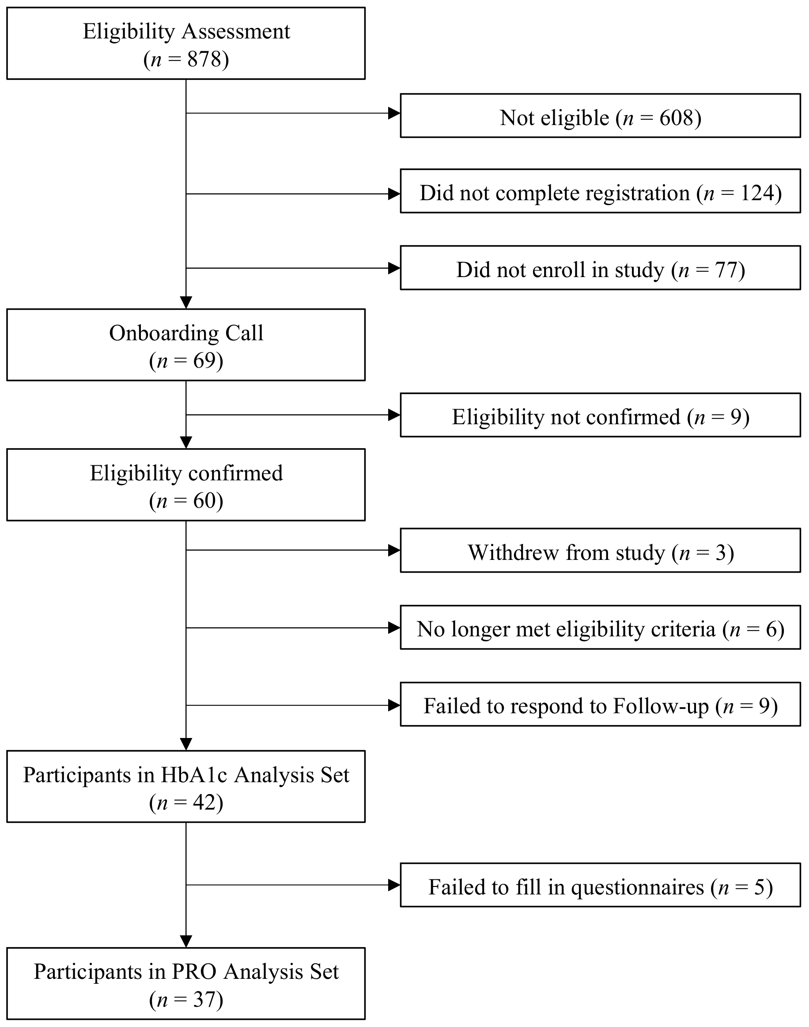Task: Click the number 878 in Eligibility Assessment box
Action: click(x=204, y=60)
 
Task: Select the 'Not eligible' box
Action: click(x=600, y=116)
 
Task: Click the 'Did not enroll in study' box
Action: click(x=600, y=268)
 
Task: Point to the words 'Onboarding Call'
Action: click(x=186, y=333)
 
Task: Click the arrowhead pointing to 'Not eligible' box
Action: click(x=394, y=113)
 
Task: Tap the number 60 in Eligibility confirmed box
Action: click(x=204, y=501)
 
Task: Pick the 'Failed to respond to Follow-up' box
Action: click(x=600, y=705)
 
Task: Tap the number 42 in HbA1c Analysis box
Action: click(x=204, y=803)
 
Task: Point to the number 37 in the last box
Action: click(x=204, y=1000)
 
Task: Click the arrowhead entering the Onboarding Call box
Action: click(x=186, y=302)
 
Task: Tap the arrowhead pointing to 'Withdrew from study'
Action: click(x=394, y=550)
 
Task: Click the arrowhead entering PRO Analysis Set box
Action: click(x=186, y=941)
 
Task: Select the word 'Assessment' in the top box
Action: click(x=236, y=32)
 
